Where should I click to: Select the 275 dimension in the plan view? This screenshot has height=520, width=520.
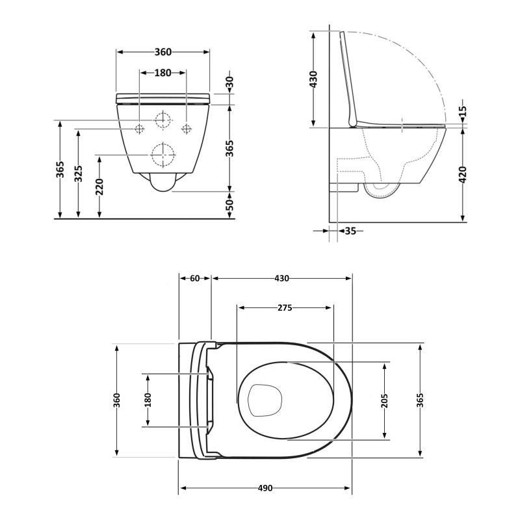click(285, 307)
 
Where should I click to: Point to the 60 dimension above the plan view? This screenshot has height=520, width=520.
click(195, 278)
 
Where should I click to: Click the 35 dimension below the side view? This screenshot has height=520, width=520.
click(350, 230)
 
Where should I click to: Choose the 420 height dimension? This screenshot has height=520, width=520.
click(463, 174)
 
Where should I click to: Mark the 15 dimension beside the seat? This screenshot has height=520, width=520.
click(463, 114)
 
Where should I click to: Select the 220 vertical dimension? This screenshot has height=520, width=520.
click(99, 187)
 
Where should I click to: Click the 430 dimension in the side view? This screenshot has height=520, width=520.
click(313, 79)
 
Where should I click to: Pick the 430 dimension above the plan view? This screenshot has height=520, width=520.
click(281, 278)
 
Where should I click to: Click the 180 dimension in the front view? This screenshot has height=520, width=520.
click(163, 73)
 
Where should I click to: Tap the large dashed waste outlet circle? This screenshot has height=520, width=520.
click(162, 155)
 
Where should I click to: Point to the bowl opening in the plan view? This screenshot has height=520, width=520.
click(265, 398)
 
